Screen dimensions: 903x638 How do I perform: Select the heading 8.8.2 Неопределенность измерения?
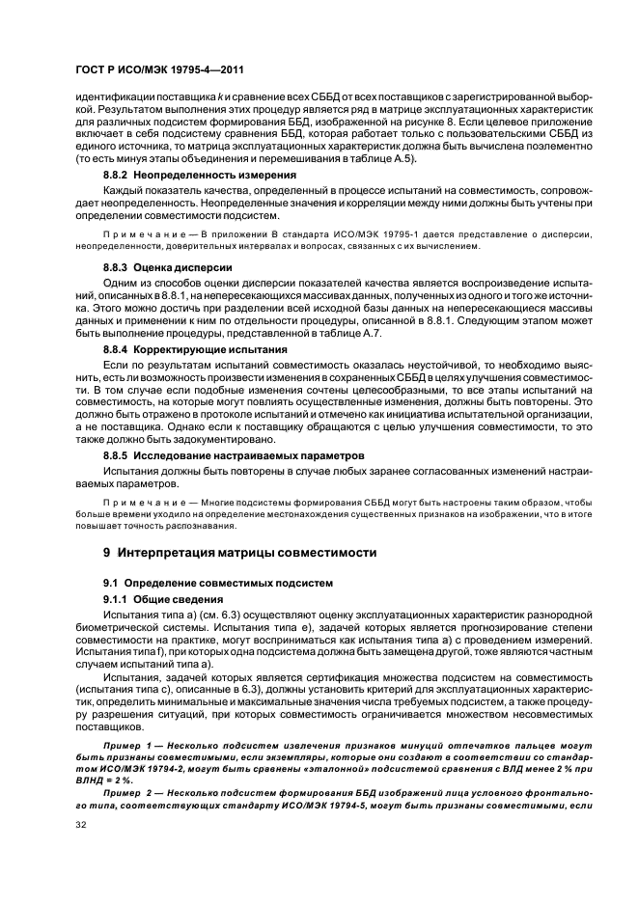(186, 175)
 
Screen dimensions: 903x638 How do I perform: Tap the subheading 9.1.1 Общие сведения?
(158, 599)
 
